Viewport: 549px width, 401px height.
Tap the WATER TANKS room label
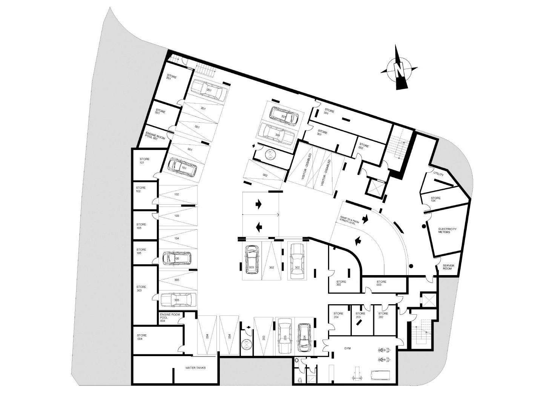point(195,368)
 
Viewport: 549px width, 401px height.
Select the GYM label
point(347,349)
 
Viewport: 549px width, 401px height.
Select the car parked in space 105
point(176,259)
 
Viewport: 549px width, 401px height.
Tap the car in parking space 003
point(251,260)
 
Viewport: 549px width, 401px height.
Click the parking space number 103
point(176,216)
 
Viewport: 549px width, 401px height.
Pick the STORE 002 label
point(364,147)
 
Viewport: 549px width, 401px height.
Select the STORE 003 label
point(381,283)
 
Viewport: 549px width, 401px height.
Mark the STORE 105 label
point(141,251)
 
